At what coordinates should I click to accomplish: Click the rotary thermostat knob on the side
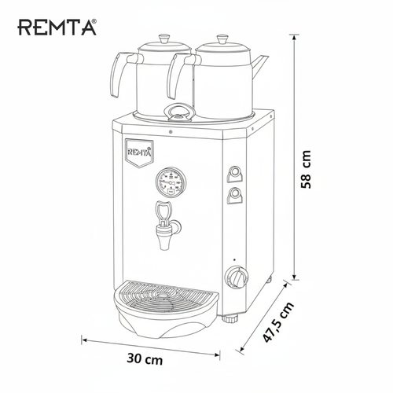click(x=234, y=277)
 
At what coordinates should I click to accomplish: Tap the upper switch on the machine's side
click(x=233, y=174)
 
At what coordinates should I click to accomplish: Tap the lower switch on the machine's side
click(x=233, y=196)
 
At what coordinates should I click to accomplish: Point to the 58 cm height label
click(x=309, y=170)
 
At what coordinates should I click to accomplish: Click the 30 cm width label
click(x=145, y=359)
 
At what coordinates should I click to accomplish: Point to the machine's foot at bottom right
click(x=230, y=318)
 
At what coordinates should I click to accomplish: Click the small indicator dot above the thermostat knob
click(x=233, y=259)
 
